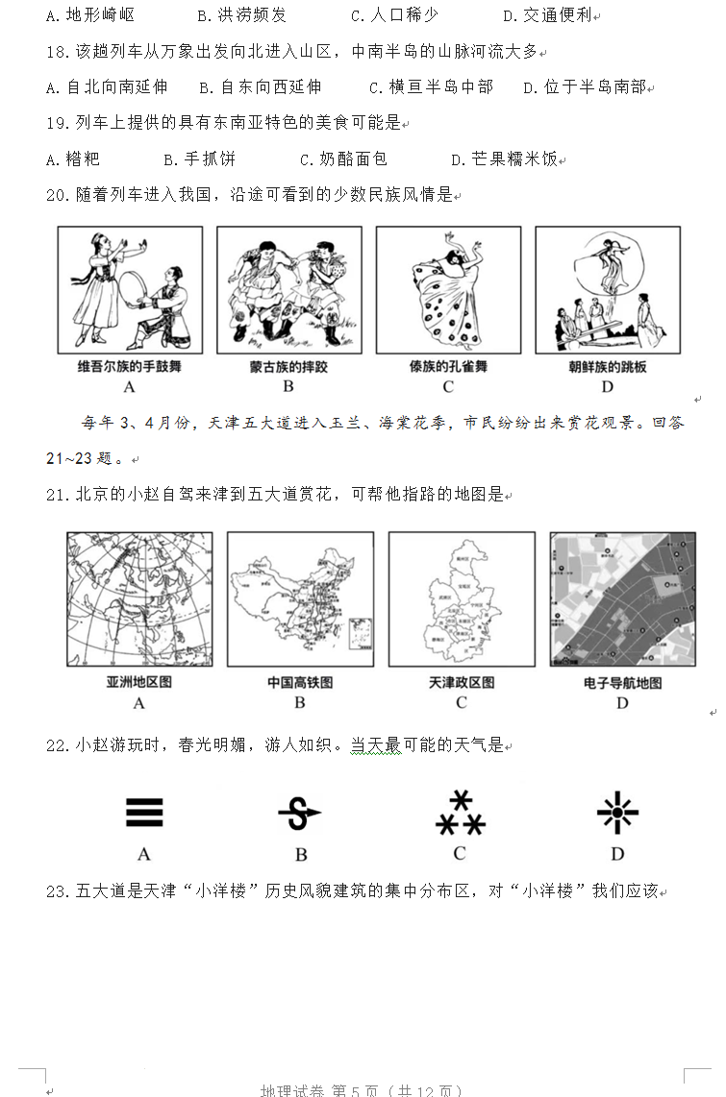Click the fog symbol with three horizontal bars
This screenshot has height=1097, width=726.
144,813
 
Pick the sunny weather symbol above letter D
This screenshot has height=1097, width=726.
616,814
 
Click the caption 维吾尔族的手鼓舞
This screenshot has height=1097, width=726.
129,366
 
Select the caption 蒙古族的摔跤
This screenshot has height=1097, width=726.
288,366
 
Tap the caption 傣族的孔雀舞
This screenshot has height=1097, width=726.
447,366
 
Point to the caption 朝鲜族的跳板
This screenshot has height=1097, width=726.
607,366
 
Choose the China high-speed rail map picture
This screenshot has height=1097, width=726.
300,598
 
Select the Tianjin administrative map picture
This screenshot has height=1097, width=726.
461,598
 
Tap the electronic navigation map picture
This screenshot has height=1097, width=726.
622,598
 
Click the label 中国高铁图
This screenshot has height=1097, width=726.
300,682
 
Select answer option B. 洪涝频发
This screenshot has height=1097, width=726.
241,15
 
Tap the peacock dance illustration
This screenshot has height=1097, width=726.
448,290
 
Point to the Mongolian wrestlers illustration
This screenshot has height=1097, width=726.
288,290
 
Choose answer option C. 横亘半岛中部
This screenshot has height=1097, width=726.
431,87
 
